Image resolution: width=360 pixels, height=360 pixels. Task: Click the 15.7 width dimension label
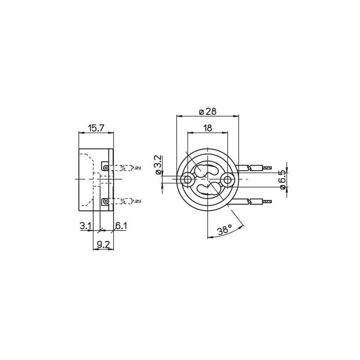pyautogui.click(x=96, y=128)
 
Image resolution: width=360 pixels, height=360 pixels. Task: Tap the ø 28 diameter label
pyautogui.click(x=207, y=112)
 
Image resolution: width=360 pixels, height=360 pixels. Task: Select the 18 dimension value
pyautogui.click(x=207, y=128)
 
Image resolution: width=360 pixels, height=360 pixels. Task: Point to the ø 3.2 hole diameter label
pyautogui.click(x=159, y=165)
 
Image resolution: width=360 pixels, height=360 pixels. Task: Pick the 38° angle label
pyautogui.click(x=225, y=229)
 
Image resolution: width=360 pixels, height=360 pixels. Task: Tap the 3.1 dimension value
pyautogui.click(x=85, y=226)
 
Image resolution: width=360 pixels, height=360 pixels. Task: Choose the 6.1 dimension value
pyautogui.click(x=121, y=226)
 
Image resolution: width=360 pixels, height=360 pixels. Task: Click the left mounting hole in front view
pyautogui.click(x=187, y=180)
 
